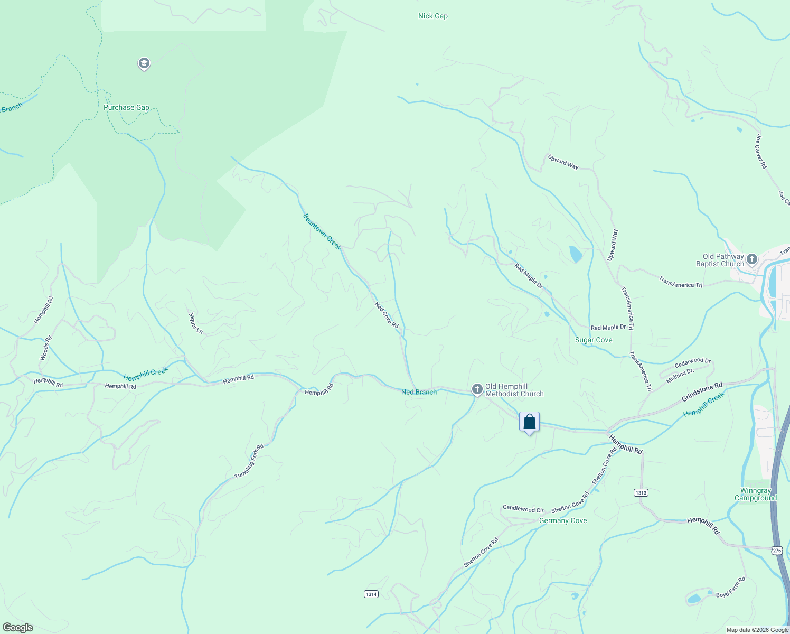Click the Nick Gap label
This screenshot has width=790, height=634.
tap(433, 16)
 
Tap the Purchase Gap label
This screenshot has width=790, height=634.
tap(126, 107)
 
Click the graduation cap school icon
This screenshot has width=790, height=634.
tap(144, 64)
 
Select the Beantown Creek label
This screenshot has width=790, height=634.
tap(322, 231)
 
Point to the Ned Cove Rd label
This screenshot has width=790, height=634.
tap(387, 315)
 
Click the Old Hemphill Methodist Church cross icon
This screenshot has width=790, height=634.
tap(477, 390)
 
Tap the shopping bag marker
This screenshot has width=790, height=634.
tap(529, 422)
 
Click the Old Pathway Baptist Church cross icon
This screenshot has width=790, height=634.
tap(752, 259)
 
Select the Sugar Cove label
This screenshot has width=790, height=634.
tap(594, 340)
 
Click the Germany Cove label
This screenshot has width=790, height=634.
tap(563, 520)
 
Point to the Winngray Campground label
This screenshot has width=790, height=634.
tap(756, 494)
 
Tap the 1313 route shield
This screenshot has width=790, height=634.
tap(641, 492)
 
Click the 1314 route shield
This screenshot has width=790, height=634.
tap(371, 594)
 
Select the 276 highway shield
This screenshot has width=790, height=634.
tap(776, 551)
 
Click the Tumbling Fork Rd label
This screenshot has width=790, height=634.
tap(249, 462)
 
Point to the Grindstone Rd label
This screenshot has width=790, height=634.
tap(702, 392)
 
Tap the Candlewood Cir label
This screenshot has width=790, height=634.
tap(523, 509)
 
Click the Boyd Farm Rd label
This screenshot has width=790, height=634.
tap(731, 588)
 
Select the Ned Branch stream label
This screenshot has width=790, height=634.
tap(419, 392)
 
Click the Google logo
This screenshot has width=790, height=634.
tap(18, 628)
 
